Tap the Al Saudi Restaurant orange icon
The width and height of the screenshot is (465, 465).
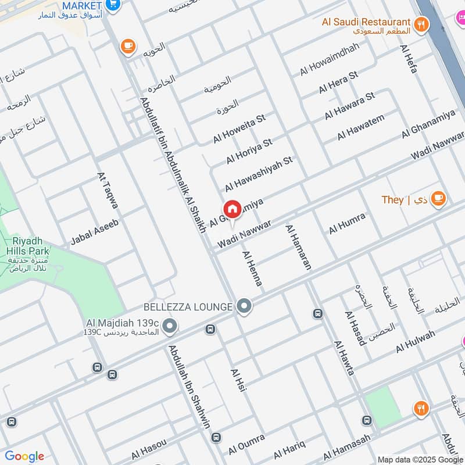coord(422,24)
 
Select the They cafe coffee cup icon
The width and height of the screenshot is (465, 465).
coord(439,199)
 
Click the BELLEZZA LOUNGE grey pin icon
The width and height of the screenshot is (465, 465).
coord(245,306)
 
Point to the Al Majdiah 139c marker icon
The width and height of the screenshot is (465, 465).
coord(170,327)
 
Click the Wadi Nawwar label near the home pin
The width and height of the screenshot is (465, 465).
coord(244,234)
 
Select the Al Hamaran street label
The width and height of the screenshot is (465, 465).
coord(298,247)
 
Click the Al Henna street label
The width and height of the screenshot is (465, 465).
coord(253,268)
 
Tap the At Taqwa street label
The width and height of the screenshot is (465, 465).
coord(109,189)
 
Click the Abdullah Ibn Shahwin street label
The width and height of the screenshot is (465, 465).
coord(189,387)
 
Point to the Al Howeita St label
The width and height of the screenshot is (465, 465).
coord(239,128)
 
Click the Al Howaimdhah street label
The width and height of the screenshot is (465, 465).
coord(330,59)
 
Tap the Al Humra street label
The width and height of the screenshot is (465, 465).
coord(347,223)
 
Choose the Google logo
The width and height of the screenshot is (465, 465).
coord(24,456)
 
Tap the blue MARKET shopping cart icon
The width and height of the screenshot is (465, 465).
coord(113,5)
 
